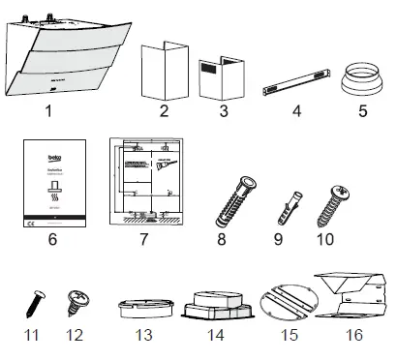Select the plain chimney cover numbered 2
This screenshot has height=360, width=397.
pyautogui.click(x=163, y=71)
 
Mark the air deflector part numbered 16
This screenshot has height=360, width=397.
pyautogui.click(x=352, y=294)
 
